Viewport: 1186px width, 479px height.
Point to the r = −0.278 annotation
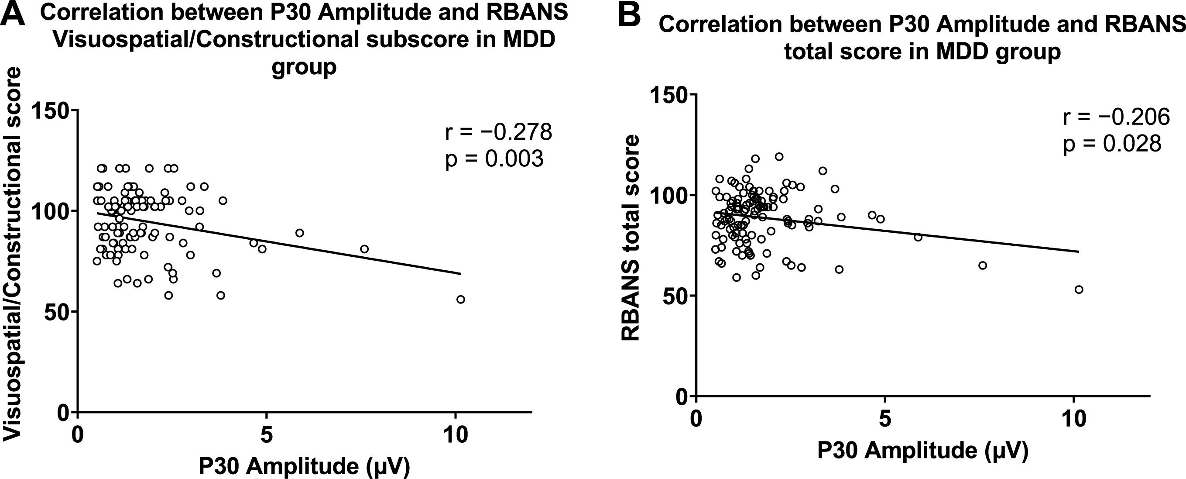[498, 132]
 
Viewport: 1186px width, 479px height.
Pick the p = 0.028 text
[1112, 144]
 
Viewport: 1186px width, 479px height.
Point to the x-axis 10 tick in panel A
[455, 434]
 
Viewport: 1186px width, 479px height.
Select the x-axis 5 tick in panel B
[884, 419]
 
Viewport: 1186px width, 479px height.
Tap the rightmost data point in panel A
[460, 300]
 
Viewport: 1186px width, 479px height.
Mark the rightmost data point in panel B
[1079, 289]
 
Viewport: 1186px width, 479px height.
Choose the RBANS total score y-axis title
[630, 238]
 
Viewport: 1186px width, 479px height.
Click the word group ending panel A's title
[304, 67]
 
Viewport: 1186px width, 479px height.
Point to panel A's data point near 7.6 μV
[364, 249]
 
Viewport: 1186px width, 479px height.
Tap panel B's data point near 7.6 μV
[983, 265]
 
